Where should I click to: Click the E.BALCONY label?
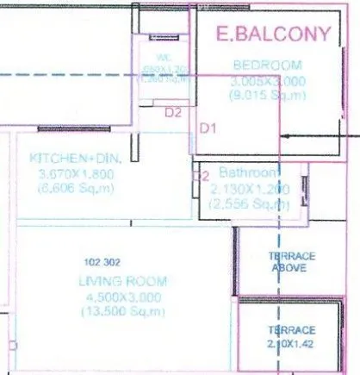(x=273, y=34)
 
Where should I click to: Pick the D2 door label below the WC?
(x=173, y=112)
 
